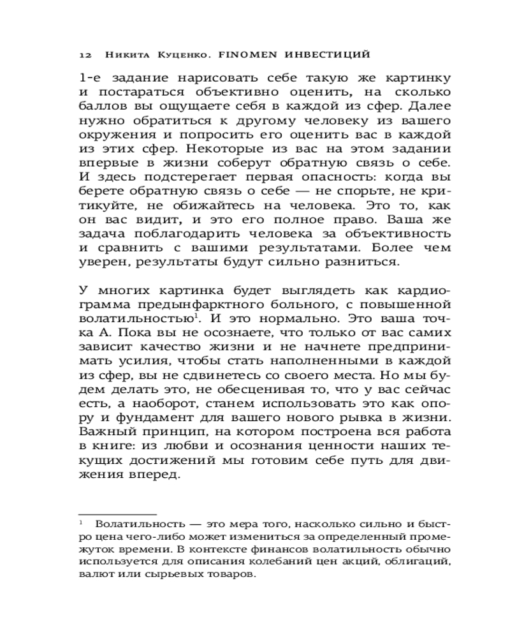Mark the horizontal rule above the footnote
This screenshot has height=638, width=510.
pos(117,514)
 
